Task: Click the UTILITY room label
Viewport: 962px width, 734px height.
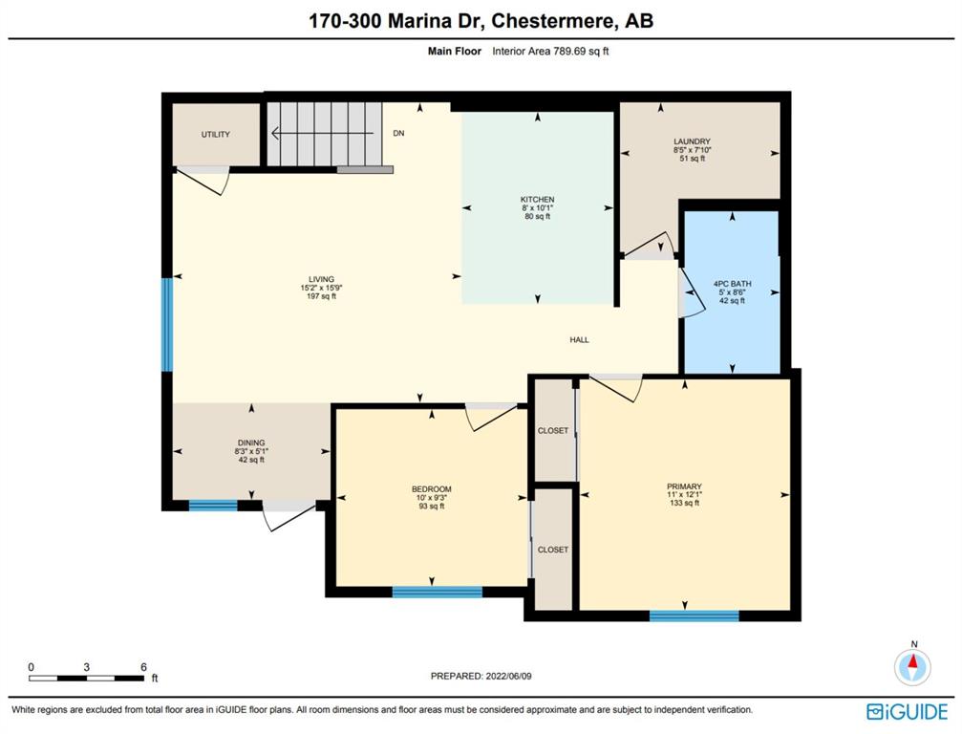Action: coord(215,135)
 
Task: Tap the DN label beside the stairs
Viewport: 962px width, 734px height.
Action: coord(398,133)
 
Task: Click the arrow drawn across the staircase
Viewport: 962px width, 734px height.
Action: coord(322,133)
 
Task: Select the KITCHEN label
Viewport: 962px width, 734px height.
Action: coord(538,200)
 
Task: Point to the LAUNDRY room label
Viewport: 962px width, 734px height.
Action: coord(692,141)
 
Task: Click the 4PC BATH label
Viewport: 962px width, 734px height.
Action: coord(732,284)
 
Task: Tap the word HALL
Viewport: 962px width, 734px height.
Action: coord(579,340)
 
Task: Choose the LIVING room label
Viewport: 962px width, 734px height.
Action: coord(322,279)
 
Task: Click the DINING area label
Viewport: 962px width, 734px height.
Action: coord(251,443)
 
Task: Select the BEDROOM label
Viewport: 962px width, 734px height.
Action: coord(431,489)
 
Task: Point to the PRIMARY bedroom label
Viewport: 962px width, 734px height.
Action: coord(685,486)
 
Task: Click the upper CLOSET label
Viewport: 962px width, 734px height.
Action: coord(553,431)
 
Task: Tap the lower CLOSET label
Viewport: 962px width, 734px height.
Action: coord(553,550)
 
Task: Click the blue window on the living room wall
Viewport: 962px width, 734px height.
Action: coord(167,325)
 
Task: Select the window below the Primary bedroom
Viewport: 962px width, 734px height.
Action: coord(694,615)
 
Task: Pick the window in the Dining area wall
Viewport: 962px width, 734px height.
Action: coord(213,506)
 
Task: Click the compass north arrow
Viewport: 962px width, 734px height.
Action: coord(913,662)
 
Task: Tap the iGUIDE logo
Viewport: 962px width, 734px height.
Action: coord(907,712)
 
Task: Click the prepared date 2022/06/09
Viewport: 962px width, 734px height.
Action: coord(508,677)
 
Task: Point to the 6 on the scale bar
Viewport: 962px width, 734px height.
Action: coord(143,667)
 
